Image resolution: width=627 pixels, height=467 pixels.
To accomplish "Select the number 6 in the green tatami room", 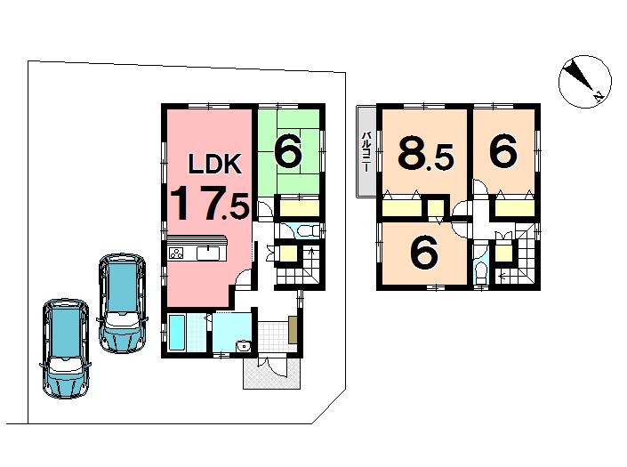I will (286, 151).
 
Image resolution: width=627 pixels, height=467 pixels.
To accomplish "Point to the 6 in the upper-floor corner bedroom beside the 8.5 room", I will (502, 152).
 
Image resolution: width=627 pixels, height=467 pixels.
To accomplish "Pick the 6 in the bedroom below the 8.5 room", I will (424, 253).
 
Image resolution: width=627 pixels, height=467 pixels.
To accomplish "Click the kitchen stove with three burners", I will (177, 254).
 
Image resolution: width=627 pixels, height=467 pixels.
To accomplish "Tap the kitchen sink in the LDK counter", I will (210, 254).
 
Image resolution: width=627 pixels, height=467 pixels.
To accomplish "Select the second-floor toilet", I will (480, 270).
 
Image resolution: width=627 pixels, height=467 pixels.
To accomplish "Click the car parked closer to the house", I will (122, 302).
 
